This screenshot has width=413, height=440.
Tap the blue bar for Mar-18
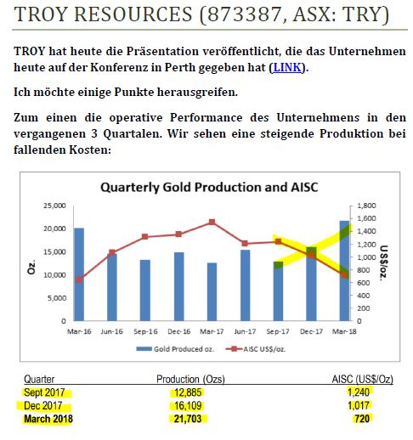(344, 271)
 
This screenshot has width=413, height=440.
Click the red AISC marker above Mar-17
(212, 223)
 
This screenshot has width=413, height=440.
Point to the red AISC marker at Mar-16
(79, 279)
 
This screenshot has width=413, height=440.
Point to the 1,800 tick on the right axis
(365, 206)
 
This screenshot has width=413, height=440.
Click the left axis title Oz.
(31, 262)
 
